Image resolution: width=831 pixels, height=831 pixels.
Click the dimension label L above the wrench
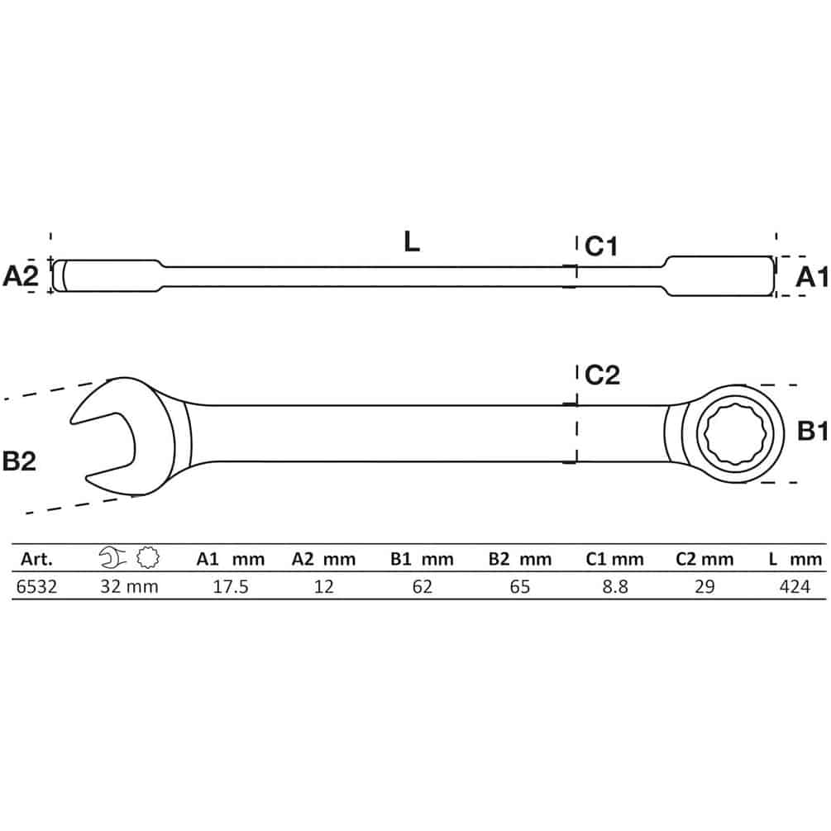tap(411, 241)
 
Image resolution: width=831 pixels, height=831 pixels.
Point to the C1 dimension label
tap(601, 246)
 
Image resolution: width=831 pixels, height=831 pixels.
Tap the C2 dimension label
tap(602, 375)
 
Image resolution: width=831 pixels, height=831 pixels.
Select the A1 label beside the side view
tap(811, 277)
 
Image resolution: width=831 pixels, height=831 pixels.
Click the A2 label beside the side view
tap(21, 276)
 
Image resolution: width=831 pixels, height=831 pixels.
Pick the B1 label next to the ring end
tap(813, 431)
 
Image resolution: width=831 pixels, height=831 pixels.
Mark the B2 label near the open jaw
tap(19, 461)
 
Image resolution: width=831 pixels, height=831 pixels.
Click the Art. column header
tap(36, 559)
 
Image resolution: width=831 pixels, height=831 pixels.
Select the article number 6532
tap(36, 587)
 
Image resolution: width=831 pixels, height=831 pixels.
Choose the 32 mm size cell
tap(129, 587)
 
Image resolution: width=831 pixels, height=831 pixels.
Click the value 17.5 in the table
tap(231, 587)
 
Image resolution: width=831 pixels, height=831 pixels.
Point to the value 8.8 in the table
tap(614, 587)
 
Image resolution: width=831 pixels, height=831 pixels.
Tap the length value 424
tap(795, 587)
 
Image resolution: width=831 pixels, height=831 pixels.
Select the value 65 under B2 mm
tap(520, 587)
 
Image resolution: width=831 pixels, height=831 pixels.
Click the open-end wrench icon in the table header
tap(112, 557)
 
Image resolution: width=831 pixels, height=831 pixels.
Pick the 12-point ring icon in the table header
tap(148, 557)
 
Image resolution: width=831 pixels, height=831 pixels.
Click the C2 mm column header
tap(704, 559)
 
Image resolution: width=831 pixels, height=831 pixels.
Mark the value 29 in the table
tap(704, 587)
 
